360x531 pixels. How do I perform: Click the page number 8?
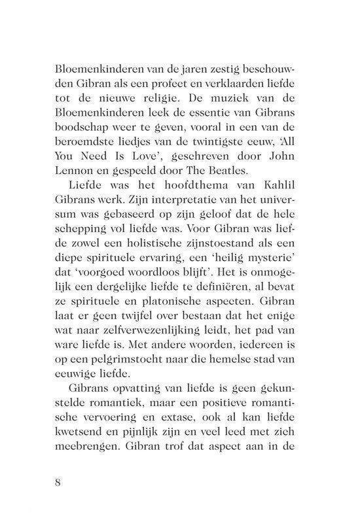[60, 482]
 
